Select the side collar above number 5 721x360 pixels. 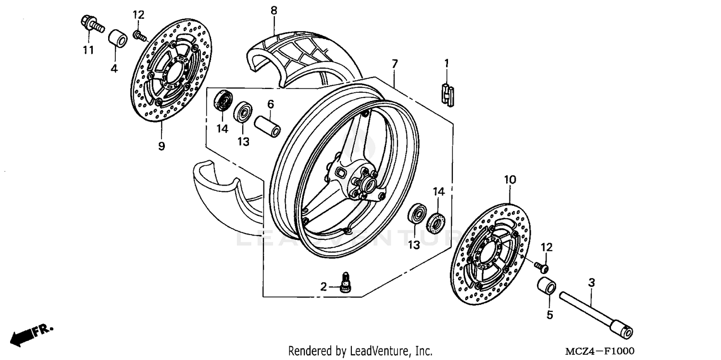point(547,285)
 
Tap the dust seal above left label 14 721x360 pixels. point(223,100)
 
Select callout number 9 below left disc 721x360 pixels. point(162,146)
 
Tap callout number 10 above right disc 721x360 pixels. point(510,180)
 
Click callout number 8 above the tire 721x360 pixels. point(273,10)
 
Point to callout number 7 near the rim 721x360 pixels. point(394,63)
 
